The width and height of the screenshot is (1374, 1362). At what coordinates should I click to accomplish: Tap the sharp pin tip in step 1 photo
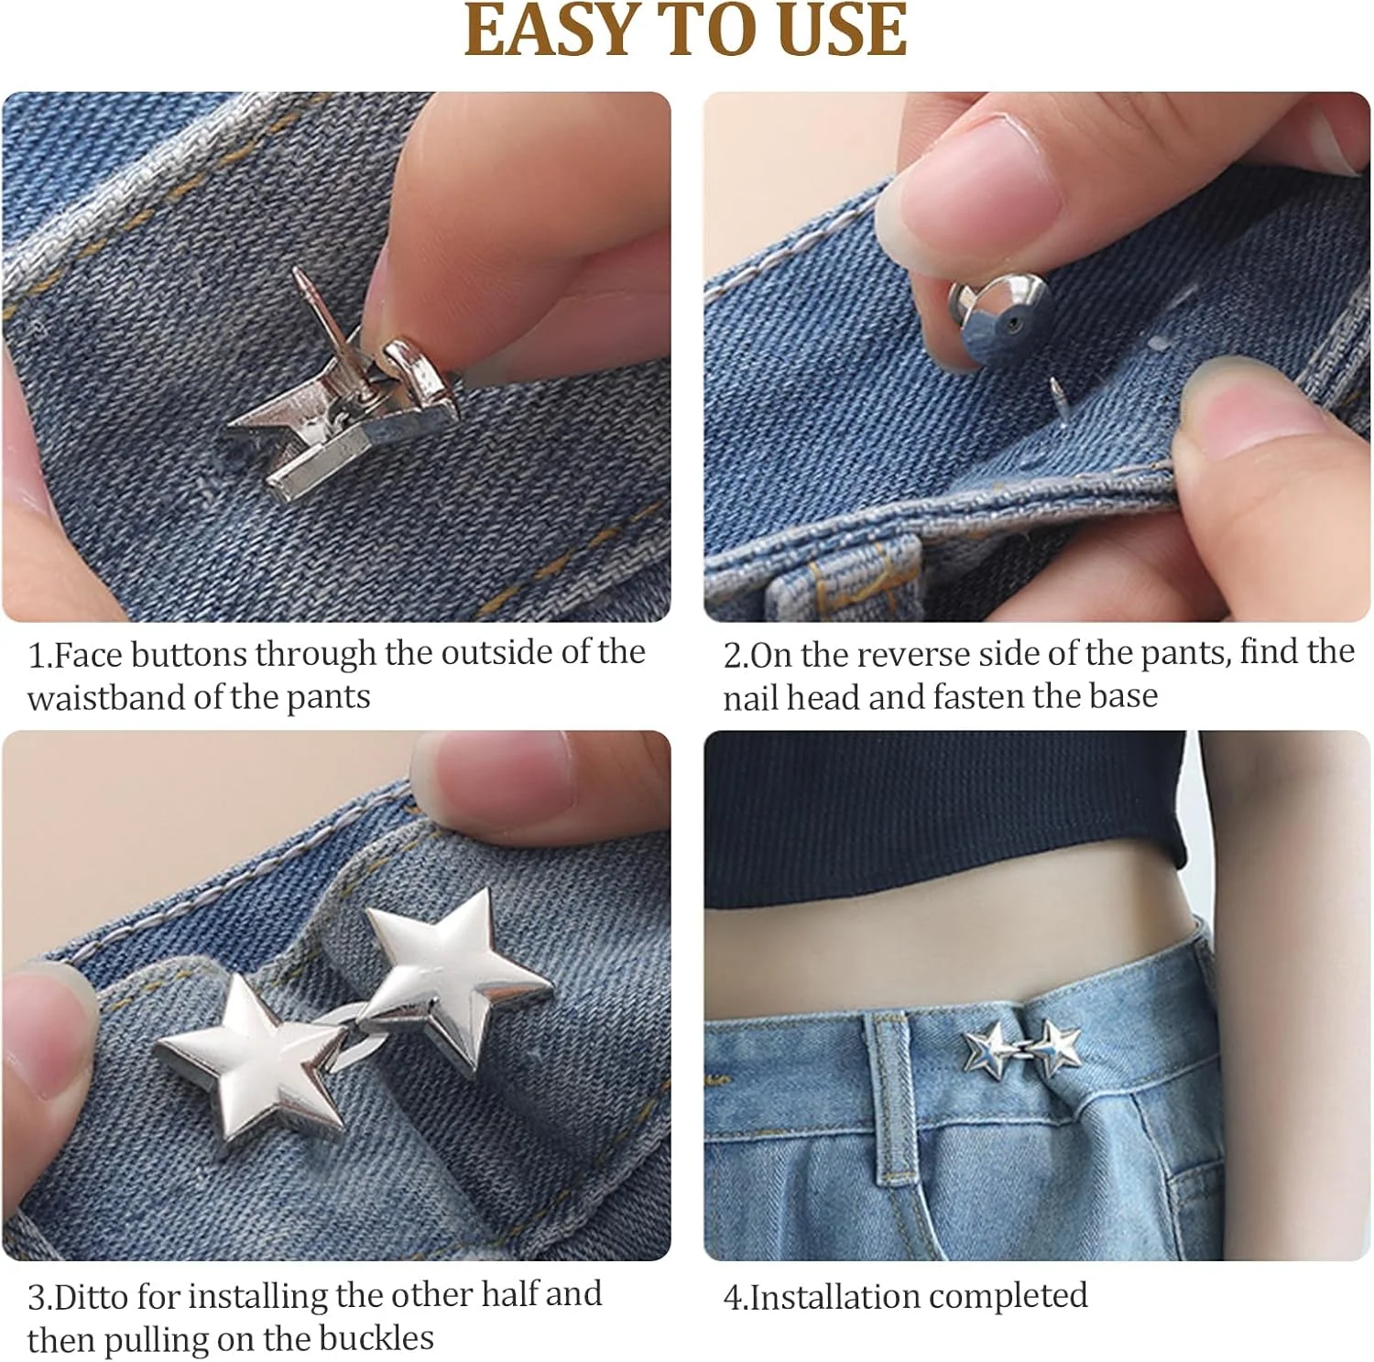point(297,270)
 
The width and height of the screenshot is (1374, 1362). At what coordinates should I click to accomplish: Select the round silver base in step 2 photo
point(1001,317)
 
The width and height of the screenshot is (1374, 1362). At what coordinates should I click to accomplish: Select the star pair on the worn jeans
point(1022,1048)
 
